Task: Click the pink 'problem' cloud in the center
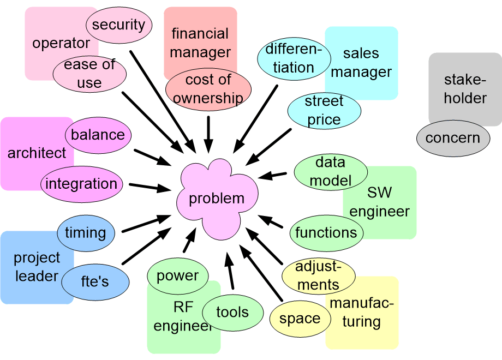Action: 217,199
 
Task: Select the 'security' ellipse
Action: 119,25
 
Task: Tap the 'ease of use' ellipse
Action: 89,74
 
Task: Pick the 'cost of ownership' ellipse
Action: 208,89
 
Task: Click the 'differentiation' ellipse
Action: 294,58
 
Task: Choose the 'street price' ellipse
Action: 324,111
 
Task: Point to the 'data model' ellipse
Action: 331,172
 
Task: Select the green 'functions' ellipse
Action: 326,233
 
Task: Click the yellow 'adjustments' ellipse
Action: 319,276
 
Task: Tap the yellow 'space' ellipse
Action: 300,319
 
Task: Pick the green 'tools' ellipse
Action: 233,313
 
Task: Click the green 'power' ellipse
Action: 178,276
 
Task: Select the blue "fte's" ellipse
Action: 95,282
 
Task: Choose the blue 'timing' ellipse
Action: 86,233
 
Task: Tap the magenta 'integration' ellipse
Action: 82,184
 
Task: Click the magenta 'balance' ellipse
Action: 98,135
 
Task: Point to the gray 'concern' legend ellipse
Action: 453,138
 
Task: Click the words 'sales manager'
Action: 361,63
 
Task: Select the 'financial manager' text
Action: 200,43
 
